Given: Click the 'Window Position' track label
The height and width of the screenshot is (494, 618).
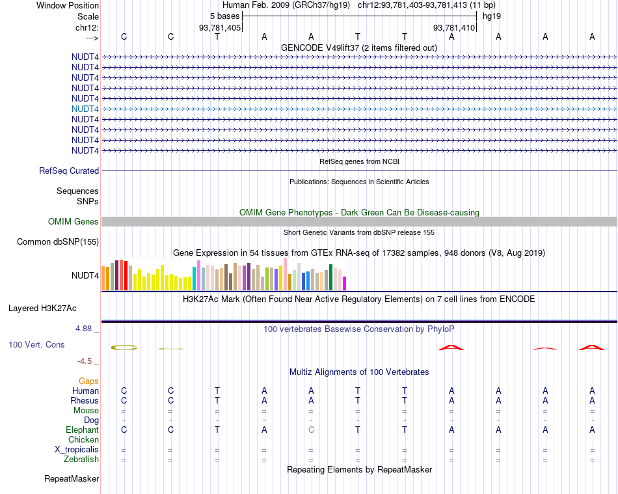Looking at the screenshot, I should click(68, 5).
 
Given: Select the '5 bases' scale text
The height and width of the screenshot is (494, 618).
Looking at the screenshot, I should click(225, 16).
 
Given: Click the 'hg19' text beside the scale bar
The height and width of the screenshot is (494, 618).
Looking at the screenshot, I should click(491, 16).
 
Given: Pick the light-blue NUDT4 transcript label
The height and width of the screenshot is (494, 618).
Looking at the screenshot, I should click(85, 109).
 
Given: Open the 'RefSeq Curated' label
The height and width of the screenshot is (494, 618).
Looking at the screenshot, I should click(69, 171).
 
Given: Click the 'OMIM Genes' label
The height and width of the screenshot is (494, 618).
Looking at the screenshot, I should click(74, 222).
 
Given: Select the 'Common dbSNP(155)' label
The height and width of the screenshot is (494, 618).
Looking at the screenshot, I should click(58, 242).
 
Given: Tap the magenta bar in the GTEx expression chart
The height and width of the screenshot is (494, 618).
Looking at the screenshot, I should click(344, 283).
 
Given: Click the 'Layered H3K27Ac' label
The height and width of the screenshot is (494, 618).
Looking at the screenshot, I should click(47, 308).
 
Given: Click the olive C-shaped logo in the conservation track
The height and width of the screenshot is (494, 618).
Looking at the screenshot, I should click(124, 348).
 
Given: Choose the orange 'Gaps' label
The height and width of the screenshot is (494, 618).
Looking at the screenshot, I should click(88, 381).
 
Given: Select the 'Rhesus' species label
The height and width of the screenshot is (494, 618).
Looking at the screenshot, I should click(85, 401).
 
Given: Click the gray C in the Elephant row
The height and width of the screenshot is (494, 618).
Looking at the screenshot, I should click(311, 430).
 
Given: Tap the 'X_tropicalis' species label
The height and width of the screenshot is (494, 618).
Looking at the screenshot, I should click(77, 450).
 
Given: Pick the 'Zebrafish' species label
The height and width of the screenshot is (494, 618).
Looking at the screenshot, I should click(82, 460).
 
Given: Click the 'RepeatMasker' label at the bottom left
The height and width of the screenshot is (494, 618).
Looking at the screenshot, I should click(72, 479).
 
